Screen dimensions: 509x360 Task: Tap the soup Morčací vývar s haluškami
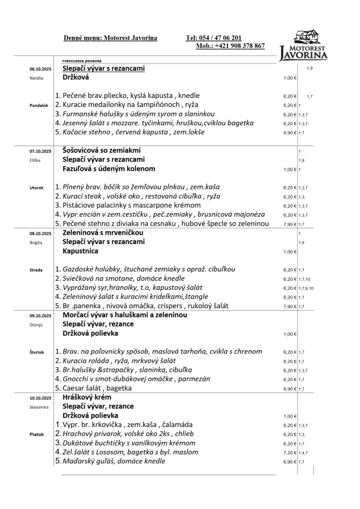click(125, 315)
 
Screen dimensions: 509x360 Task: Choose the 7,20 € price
click(289, 452)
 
